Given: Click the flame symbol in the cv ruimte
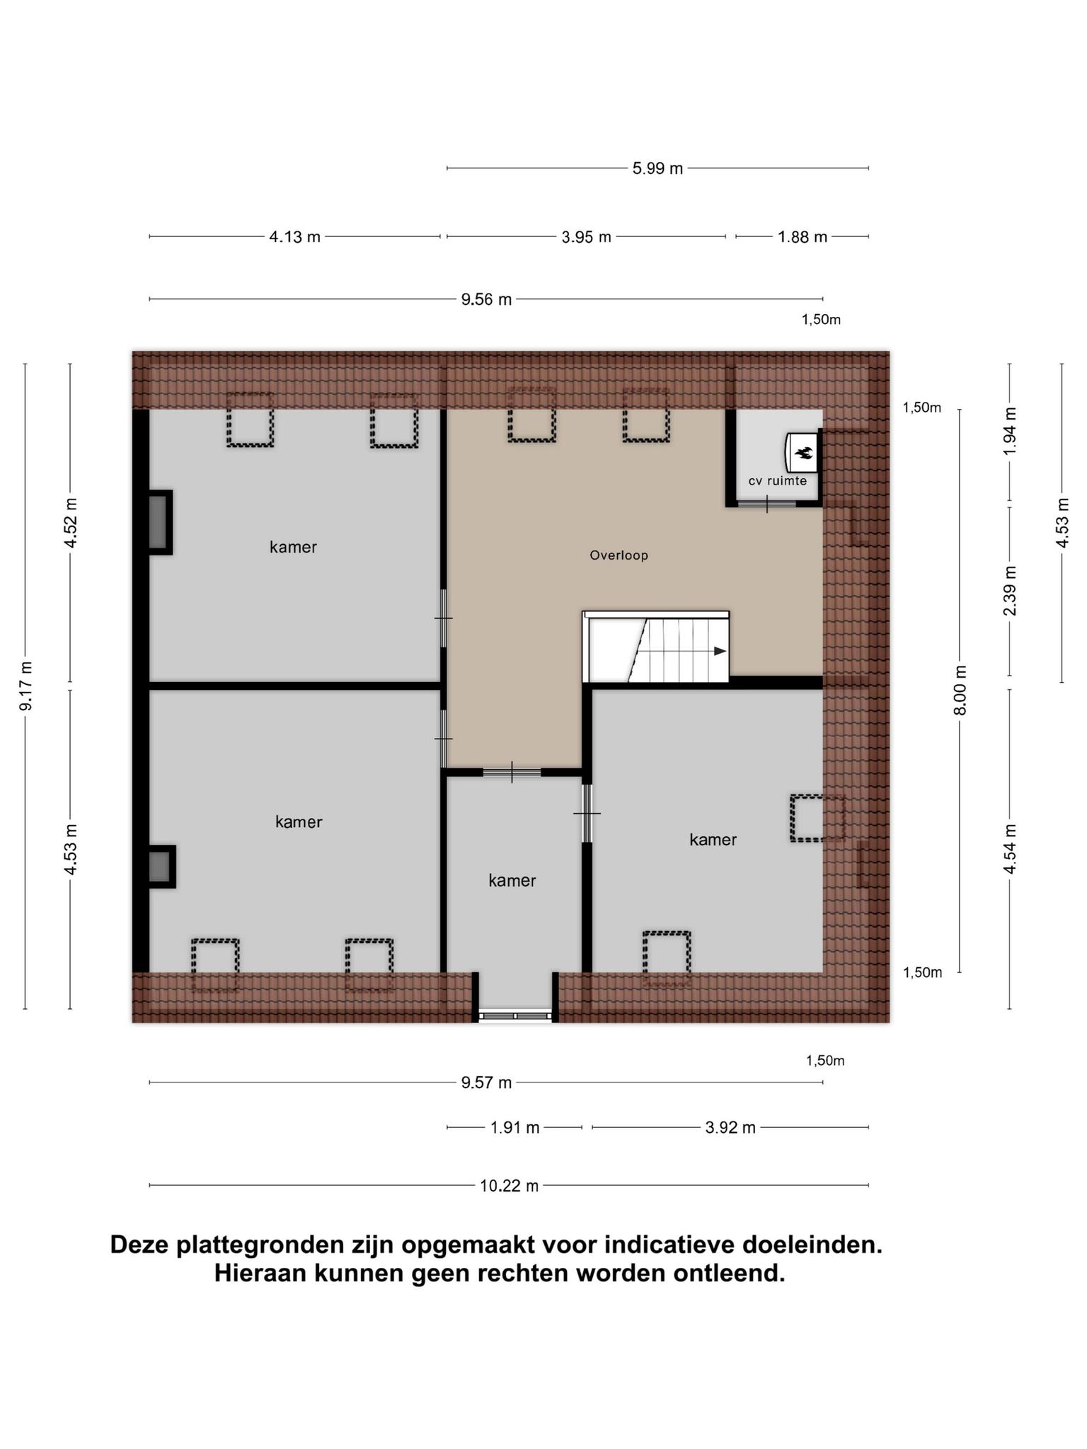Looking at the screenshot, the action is click(x=803, y=452).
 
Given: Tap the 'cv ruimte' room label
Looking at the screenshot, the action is click(x=778, y=481).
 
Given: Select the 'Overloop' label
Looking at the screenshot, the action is click(x=619, y=555).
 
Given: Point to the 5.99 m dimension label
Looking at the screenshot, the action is click(x=657, y=168).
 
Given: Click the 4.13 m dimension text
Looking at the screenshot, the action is click(x=294, y=237).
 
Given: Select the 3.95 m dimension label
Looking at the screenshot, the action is click(x=587, y=237).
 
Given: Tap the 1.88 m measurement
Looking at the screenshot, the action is click(x=803, y=237).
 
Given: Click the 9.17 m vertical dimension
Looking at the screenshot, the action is click(x=25, y=686).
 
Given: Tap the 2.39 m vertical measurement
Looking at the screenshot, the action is click(x=1010, y=591).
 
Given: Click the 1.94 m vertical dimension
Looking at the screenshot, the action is click(x=1010, y=432).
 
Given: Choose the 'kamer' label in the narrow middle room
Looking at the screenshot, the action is click(x=512, y=880).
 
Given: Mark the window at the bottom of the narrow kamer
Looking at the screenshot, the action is click(x=515, y=1016).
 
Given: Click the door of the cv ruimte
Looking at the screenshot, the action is click(x=767, y=504).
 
